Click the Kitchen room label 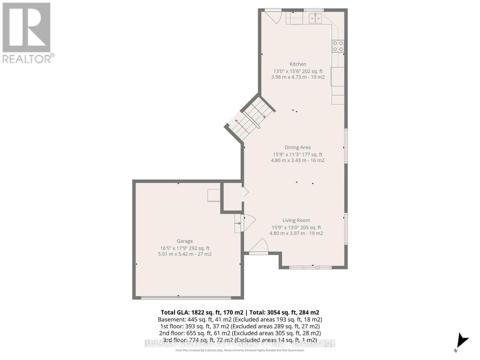[298, 64]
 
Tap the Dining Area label [298, 148]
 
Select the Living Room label [296, 220]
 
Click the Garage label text [185, 241]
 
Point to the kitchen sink [316, 18]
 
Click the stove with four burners [338, 46]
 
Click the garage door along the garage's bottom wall [186, 297]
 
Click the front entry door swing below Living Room [259, 246]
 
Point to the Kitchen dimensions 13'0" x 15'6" [298, 71]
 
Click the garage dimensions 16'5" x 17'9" [185, 248]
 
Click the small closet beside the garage [232, 197]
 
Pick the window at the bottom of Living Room [310, 267]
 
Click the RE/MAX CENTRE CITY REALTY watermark [240, 343]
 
